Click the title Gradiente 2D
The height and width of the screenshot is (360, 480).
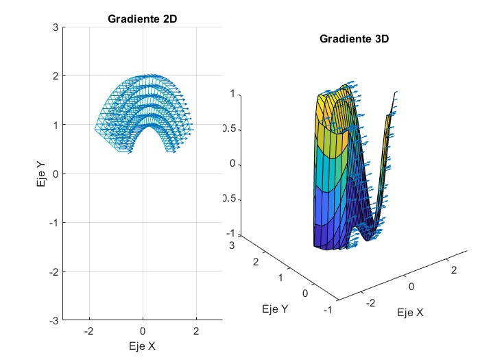click(x=143, y=19)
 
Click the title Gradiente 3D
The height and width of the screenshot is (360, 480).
click(x=355, y=39)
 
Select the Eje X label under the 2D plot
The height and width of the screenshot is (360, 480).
click(x=142, y=346)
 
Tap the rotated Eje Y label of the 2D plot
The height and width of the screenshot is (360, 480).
click(x=42, y=173)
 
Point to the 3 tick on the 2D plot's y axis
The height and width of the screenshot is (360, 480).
click(x=55, y=27)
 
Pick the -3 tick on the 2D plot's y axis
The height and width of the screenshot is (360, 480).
click(x=53, y=320)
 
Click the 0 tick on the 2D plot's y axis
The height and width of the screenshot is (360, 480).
click(x=55, y=173)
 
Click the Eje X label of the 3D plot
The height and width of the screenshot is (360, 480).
click(x=411, y=313)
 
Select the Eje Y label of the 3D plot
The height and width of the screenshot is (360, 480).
click(x=275, y=309)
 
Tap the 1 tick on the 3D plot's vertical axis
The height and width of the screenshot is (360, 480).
click(x=232, y=93)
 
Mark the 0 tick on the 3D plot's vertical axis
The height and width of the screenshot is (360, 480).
click(x=232, y=164)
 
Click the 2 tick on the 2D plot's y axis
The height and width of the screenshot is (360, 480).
click(x=55, y=75)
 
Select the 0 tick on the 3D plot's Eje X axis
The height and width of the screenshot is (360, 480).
click(x=412, y=287)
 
